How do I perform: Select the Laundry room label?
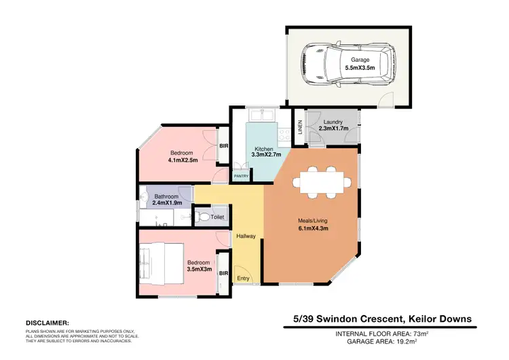[x=333, y=122]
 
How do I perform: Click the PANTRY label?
[x=241, y=176]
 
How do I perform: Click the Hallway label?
[x=246, y=236]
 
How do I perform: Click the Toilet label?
[x=216, y=217]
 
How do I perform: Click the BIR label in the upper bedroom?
[x=223, y=146]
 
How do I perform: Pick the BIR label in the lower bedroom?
[x=223, y=273]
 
